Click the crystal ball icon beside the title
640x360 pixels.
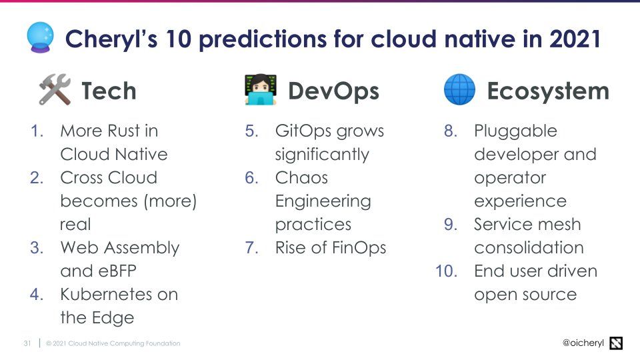(40, 37)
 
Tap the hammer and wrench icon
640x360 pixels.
(55, 89)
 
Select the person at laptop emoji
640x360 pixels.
(261, 89)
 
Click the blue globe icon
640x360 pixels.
(459, 89)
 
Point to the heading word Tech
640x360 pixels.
(109, 91)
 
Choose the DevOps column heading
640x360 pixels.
(333, 91)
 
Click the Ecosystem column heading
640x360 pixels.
(548, 91)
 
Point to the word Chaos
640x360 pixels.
(301, 177)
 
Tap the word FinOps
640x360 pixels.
(359, 248)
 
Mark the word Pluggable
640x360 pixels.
(515, 131)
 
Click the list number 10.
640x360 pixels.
(447, 271)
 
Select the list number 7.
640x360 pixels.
(251, 248)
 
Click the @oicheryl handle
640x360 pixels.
(583, 343)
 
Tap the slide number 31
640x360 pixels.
(27, 343)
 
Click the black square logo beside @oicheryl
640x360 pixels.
(616, 343)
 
